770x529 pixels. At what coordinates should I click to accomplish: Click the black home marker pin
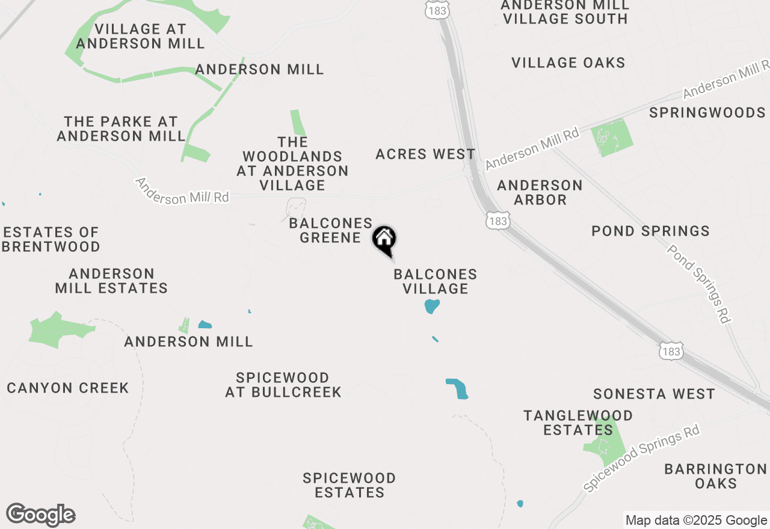pos(384,240)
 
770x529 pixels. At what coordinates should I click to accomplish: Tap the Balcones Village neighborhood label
pos(436,281)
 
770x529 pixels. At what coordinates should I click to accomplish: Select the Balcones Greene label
pos(330,230)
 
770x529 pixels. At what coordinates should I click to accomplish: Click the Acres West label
pos(425,154)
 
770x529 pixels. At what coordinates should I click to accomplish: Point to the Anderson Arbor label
pos(540,192)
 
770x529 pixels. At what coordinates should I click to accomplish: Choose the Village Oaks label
pos(568,63)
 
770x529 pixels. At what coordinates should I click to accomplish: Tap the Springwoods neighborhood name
pos(707,112)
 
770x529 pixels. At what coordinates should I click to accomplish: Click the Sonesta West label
pos(654,394)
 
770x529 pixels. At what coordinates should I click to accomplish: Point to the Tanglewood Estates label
pos(578,423)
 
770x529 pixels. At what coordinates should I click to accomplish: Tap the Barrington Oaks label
pos(715,475)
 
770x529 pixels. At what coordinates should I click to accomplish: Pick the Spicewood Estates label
pos(350,485)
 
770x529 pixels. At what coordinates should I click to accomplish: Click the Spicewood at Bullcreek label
pos(283,385)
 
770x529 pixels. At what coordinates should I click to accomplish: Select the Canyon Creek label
pos(68,388)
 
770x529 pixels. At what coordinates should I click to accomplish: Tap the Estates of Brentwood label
pos(52,239)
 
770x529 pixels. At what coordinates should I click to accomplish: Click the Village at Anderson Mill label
pos(141,36)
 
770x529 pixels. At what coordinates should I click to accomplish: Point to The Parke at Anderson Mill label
pos(122,129)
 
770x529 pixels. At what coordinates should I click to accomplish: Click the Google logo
pos(41,515)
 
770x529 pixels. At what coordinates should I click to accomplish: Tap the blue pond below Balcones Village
pos(432,307)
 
